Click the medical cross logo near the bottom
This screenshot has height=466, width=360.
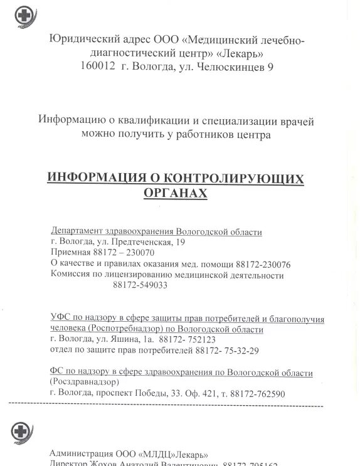(21, 433)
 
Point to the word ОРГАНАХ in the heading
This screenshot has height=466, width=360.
(176, 194)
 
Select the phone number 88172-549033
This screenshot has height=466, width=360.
(140, 285)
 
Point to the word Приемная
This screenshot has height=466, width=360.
(69, 252)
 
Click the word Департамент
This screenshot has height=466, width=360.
(79, 231)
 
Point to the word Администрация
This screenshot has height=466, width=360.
(80, 453)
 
